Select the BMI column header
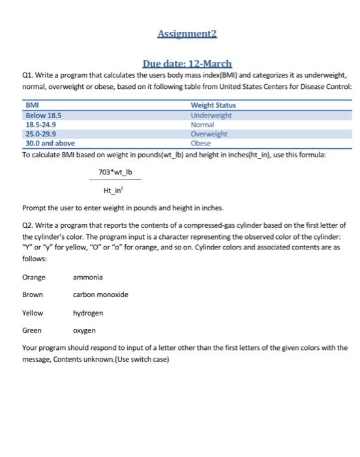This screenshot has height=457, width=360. click(x=31, y=105)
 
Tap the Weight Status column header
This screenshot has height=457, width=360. click(x=213, y=105)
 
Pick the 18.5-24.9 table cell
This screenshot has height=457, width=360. click(x=40, y=124)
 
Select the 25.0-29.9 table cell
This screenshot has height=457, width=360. click(x=40, y=134)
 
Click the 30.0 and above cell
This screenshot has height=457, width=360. click(x=50, y=143)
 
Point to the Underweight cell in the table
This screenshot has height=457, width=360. click(x=211, y=115)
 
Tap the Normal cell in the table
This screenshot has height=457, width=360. click(x=202, y=124)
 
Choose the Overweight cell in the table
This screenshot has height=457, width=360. click(x=209, y=134)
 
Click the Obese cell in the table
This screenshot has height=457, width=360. click(x=200, y=143)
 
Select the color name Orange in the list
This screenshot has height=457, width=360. click(x=34, y=277)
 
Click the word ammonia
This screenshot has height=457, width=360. click(x=88, y=277)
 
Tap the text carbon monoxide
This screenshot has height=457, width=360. click(x=100, y=295)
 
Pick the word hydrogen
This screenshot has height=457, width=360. click(x=88, y=313)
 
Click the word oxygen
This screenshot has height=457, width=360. click(x=84, y=330)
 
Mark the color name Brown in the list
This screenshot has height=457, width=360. click(x=33, y=295)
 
